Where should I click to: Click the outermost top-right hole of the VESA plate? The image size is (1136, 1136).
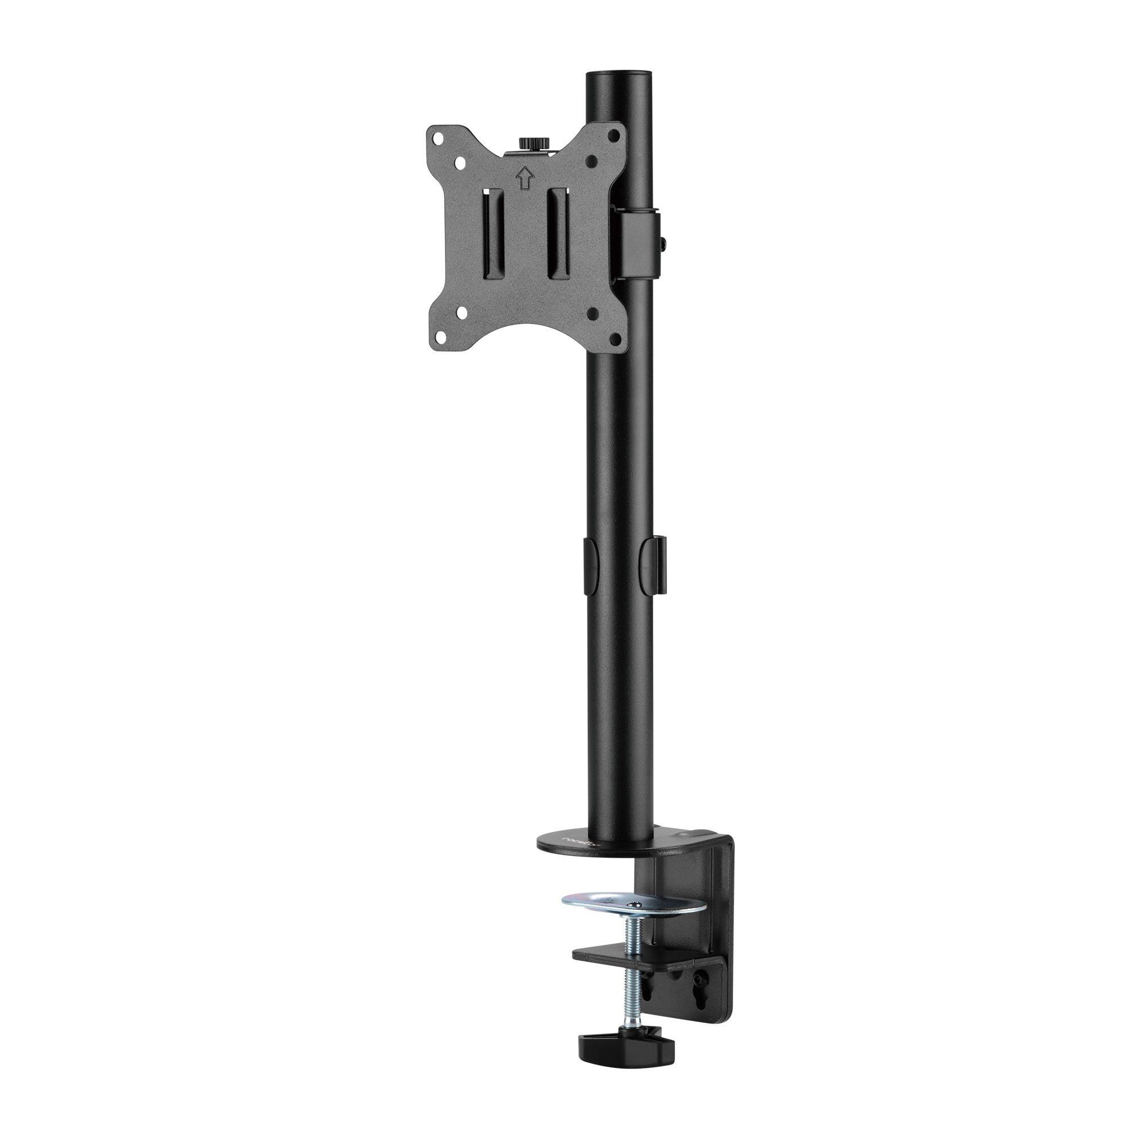point(615,134)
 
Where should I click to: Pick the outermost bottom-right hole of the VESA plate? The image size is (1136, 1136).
point(616,338)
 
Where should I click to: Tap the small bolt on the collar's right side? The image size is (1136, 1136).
point(665,240)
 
